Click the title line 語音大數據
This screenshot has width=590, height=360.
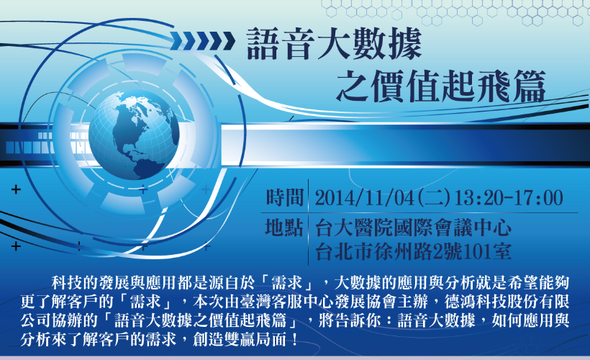pos(335,44)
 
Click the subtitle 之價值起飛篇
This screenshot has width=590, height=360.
pos(440,86)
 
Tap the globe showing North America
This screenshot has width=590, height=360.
pos(134,135)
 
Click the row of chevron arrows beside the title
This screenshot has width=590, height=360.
pos(202,41)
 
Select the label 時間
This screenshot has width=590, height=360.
pos(285,198)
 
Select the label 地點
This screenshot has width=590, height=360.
pos(284,228)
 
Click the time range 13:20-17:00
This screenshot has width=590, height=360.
pos(509,198)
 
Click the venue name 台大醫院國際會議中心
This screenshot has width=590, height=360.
pos(413,228)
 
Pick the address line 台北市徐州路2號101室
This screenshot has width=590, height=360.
pos(413,252)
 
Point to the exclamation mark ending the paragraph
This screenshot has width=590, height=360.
pos(294,340)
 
